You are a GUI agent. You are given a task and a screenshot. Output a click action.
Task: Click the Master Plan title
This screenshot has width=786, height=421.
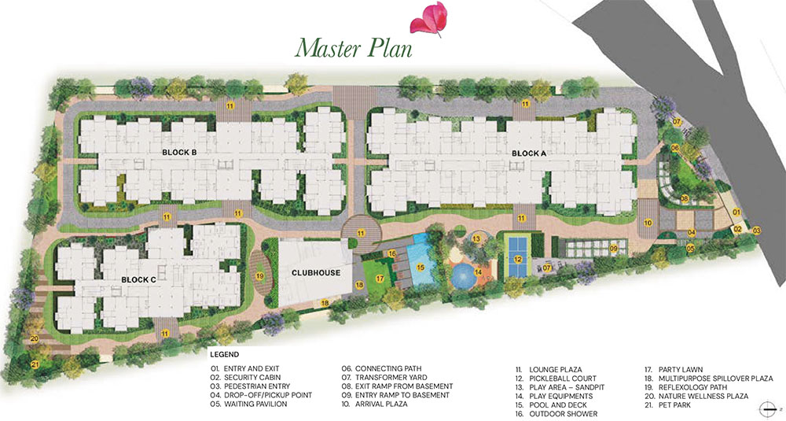click(354, 48)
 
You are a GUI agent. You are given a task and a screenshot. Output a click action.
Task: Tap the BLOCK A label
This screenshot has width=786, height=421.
click(529, 153)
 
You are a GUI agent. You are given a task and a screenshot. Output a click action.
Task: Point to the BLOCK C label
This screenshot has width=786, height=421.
click(139, 279)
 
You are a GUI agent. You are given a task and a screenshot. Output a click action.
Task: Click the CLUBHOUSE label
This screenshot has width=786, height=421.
click(316, 273)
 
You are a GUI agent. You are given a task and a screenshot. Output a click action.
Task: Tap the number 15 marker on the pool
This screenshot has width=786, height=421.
click(420, 268)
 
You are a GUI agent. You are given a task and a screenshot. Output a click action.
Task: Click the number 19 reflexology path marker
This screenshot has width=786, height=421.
click(259, 276)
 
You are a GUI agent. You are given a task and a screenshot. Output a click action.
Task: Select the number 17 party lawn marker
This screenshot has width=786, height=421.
click(380, 279)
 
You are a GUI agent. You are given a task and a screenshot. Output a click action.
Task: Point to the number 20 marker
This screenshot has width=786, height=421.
click(34, 338)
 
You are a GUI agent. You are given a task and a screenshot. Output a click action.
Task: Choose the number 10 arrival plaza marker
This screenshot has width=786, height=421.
click(648, 223)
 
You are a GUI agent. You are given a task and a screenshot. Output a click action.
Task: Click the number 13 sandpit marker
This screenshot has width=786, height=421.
click(476, 239)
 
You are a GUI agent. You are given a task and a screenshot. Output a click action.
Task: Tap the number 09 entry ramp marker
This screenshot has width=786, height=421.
click(614, 249)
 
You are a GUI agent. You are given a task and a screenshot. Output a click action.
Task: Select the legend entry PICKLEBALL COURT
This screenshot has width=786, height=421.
click(563, 379)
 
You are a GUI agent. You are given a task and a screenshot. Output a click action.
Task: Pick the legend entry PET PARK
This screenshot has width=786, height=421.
click(674, 405)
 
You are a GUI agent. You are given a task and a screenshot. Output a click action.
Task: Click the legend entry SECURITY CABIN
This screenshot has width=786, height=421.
click(252, 378)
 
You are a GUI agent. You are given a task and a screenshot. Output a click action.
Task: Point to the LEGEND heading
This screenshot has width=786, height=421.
click(225, 355)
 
